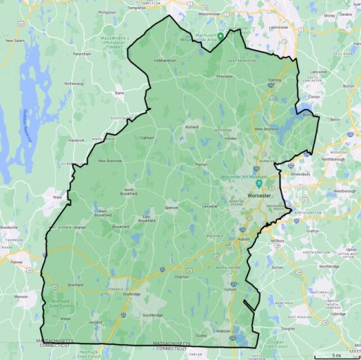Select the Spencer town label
171,208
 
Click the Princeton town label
225,76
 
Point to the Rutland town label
192,126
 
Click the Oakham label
146,138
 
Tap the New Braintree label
110,161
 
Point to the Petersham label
81,53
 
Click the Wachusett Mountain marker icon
221,35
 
